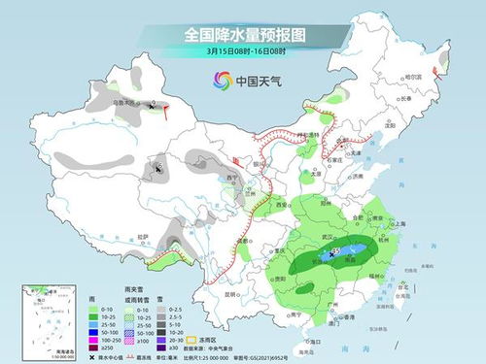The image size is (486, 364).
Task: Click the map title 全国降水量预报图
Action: pyautogui.click(x=243, y=35)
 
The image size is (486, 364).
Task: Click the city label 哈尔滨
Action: pyautogui.click(x=412, y=77)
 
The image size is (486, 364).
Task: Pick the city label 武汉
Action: pyautogui.click(x=331, y=237)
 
